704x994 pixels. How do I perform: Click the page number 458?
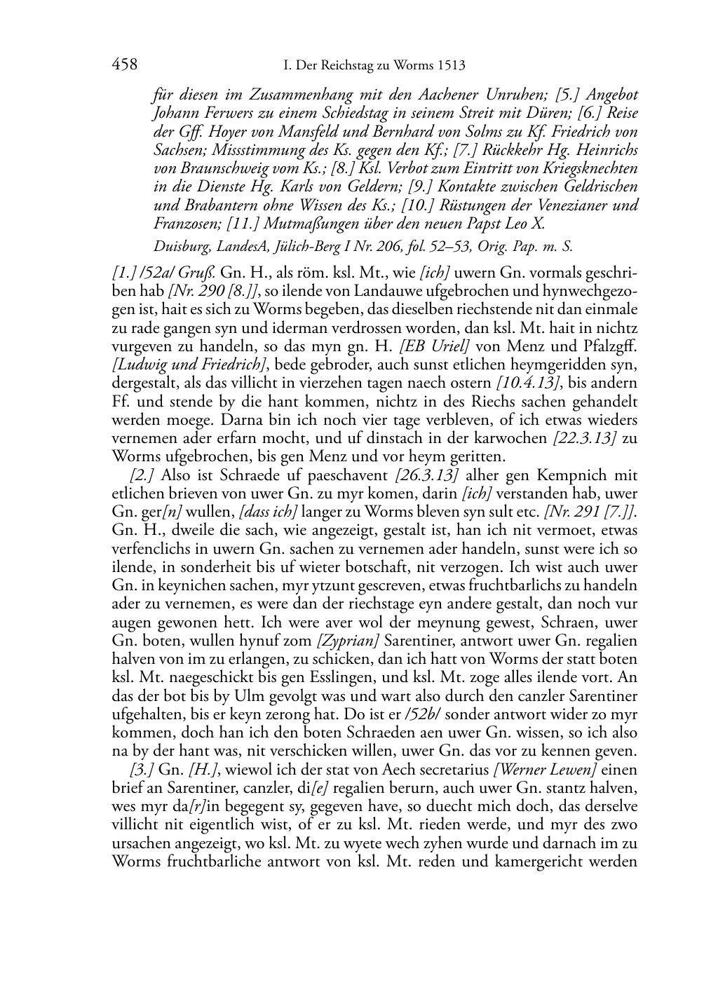[x=124, y=65]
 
